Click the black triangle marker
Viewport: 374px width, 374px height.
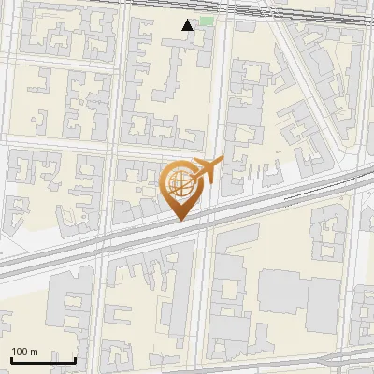coord(188,25)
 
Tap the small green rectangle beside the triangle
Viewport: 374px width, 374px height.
coord(206,21)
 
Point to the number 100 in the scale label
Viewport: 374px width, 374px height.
coord(20,352)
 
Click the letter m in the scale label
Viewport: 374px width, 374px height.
coord(34,352)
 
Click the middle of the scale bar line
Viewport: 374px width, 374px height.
coord(43,360)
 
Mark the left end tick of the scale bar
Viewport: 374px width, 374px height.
coord(11,359)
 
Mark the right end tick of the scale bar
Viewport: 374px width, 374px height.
coord(75,359)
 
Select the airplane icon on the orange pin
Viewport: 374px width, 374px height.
coord(204,172)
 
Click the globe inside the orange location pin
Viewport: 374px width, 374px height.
coord(178,184)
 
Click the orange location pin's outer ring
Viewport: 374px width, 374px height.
coord(163,183)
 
